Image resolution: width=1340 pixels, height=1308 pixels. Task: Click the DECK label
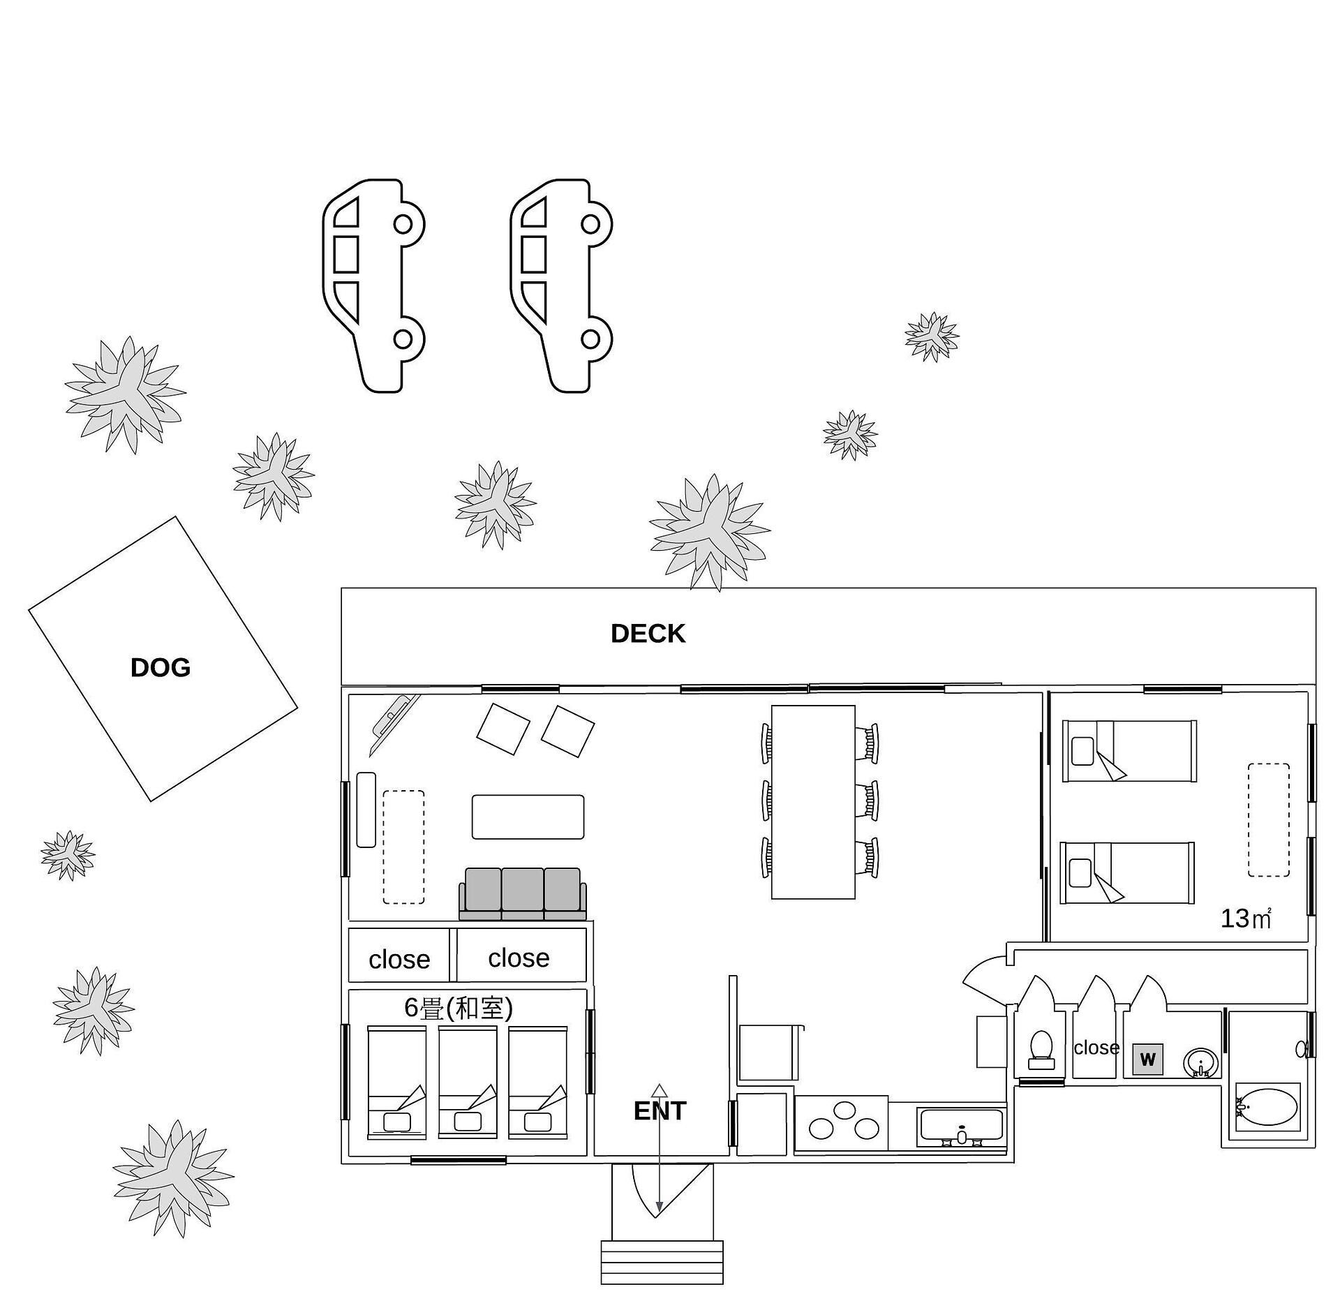(x=648, y=633)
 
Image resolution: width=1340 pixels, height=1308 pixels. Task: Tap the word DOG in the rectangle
(x=161, y=667)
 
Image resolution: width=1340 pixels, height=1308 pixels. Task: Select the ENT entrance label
(x=660, y=1110)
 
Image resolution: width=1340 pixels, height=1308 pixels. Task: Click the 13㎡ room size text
(x=1246, y=919)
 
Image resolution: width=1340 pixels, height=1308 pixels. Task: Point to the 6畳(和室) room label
(x=459, y=1008)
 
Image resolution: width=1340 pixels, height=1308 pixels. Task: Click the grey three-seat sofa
(x=523, y=893)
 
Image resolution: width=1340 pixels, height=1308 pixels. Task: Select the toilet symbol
(x=1041, y=1049)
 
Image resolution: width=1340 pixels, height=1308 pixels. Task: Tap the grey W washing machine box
(x=1147, y=1060)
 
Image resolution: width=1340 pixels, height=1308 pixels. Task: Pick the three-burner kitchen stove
(x=841, y=1122)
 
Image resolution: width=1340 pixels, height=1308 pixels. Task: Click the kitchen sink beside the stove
(x=962, y=1126)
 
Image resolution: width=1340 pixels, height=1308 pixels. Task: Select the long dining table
(x=813, y=802)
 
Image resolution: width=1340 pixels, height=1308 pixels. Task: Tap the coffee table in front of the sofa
(x=528, y=817)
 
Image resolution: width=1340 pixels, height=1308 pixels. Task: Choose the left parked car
(x=373, y=285)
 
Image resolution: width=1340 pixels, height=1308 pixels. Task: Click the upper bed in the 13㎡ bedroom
(x=1129, y=751)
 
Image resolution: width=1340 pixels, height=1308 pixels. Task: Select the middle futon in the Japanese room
(x=468, y=1083)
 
